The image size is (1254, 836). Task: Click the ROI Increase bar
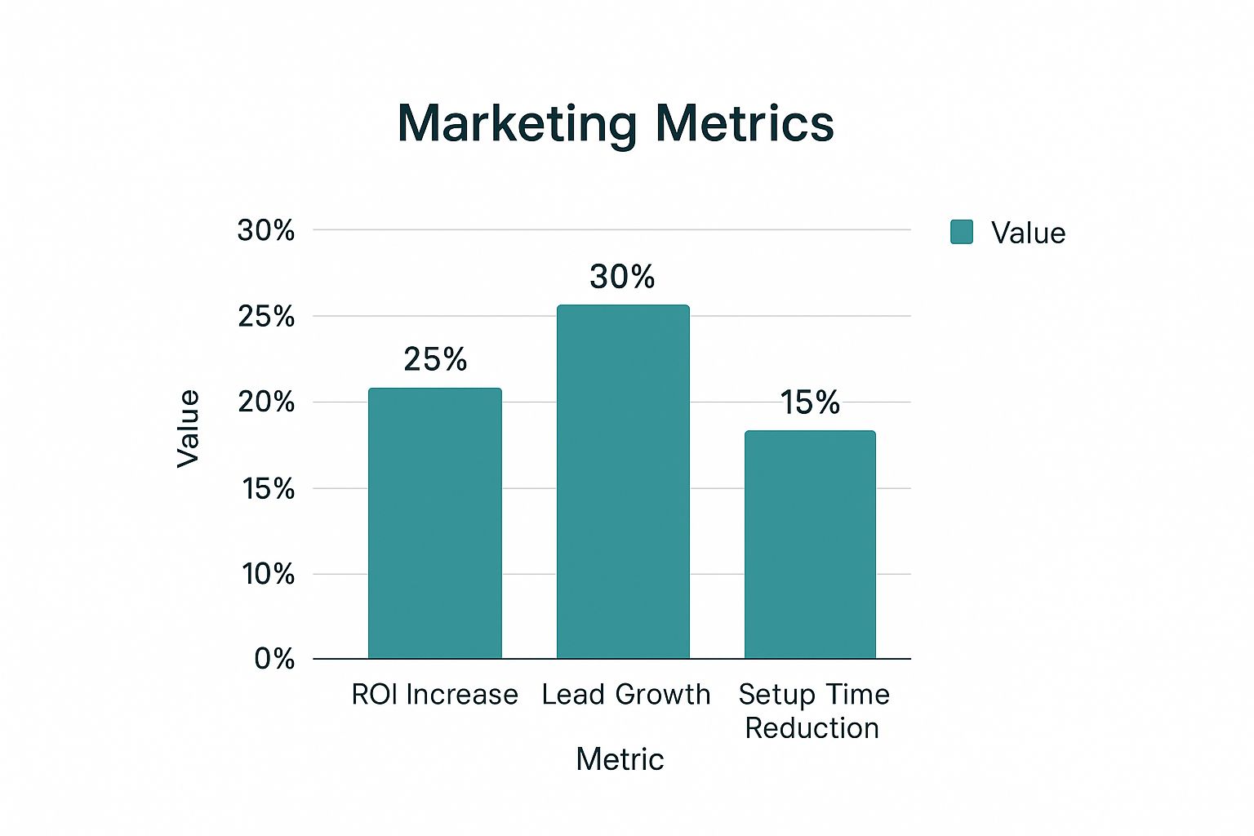pyautogui.click(x=434, y=522)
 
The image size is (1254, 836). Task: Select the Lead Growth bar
pyautogui.click(x=623, y=482)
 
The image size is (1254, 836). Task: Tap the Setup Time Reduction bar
pyautogui.click(x=810, y=544)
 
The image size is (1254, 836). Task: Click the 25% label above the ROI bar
pyautogui.click(x=435, y=359)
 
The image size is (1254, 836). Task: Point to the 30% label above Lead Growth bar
pyautogui.click(x=622, y=277)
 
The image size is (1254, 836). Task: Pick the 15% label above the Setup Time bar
pyautogui.click(x=810, y=402)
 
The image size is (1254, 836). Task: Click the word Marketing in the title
pyautogui.click(x=517, y=124)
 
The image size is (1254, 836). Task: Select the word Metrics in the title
pyautogui.click(x=745, y=124)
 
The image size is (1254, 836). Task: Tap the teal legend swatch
pyautogui.click(x=962, y=232)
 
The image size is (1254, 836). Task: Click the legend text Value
pyautogui.click(x=1028, y=233)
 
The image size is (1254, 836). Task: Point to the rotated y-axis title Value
pyautogui.click(x=189, y=429)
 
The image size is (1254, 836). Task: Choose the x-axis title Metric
pyautogui.click(x=620, y=759)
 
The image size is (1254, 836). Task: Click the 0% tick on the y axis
pyautogui.click(x=274, y=658)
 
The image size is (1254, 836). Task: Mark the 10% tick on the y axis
pyautogui.click(x=268, y=574)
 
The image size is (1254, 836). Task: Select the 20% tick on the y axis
pyautogui.click(x=266, y=402)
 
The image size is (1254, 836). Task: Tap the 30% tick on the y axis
pyautogui.click(x=266, y=230)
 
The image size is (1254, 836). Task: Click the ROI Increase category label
pyautogui.click(x=434, y=695)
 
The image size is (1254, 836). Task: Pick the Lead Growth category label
pyautogui.click(x=626, y=695)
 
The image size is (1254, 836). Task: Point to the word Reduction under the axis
pyautogui.click(x=812, y=728)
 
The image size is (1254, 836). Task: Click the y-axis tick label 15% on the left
pyautogui.click(x=268, y=488)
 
